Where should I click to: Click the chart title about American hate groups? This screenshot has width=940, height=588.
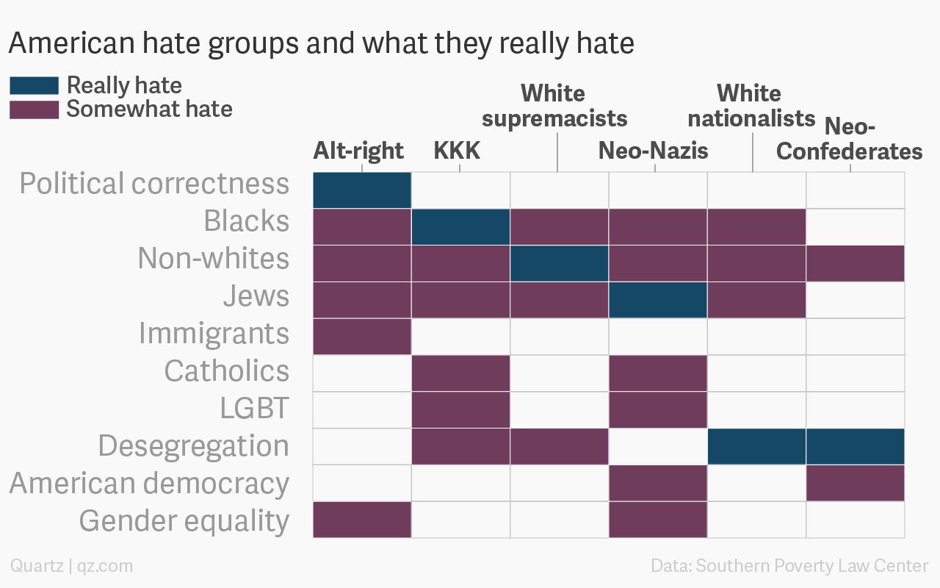coord(321,44)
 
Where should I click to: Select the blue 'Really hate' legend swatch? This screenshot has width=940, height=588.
coord(34,85)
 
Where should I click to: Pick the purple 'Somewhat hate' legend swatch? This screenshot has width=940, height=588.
coord(34,109)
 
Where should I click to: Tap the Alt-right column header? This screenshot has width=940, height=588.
coord(358,151)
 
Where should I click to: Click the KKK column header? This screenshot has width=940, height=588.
coord(457,151)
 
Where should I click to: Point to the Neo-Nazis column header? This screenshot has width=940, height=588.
coord(653,151)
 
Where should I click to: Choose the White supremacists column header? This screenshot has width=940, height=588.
coord(554,106)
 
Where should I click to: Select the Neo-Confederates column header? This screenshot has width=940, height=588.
coord(850,139)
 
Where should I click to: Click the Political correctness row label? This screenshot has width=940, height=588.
coord(154,184)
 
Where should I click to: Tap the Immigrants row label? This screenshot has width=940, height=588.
coord(214,334)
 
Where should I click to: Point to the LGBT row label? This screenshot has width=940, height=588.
coord(254,409)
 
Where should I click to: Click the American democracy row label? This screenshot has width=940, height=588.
coord(149,484)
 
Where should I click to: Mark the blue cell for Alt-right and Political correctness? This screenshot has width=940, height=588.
coord(362,190)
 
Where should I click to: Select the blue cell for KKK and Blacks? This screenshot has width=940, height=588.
coord(460,226)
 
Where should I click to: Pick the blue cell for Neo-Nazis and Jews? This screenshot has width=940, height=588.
coord(658,300)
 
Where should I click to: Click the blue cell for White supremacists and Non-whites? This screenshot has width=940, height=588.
coord(560,263)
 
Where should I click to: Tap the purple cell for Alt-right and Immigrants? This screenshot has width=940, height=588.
coord(362,337)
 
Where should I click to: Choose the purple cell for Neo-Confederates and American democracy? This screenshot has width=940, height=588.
coord(856,483)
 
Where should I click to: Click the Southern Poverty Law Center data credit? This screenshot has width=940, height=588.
coord(789,566)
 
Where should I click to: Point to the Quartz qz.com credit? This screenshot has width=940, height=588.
coord(71,566)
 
